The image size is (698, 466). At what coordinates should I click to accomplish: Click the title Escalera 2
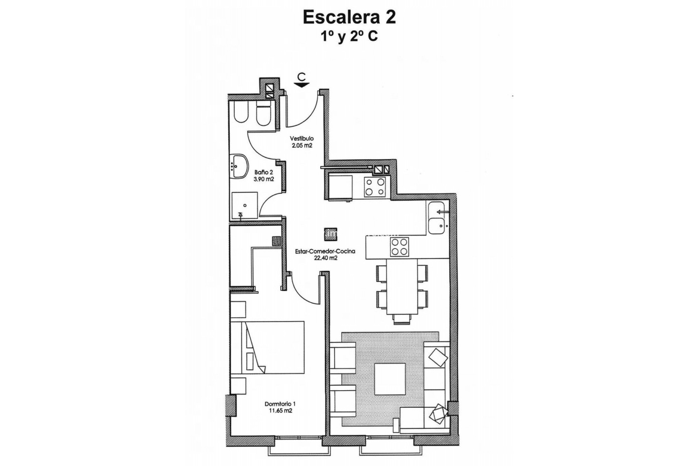pyautogui.click(x=349, y=17)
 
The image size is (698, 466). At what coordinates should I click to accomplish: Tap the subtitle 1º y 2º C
pyautogui.click(x=349, y=36)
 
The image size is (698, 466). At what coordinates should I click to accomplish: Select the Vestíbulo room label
pyautogui.click(x=302, y=138)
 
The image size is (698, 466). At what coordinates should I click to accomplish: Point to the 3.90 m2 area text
pyautogui.click(x=264, y=179)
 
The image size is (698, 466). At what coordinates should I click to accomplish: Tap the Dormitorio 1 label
pyautogui.click(x=280, y=404)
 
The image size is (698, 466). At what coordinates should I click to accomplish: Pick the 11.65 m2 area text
pyautogui.click(x=279, y=411)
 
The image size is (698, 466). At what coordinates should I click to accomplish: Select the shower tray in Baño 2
pyautogui.click(x=245, y=205)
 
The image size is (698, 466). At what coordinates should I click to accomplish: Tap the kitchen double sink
pyautogui.click(x=437, y=218)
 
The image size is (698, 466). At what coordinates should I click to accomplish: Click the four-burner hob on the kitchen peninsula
pyautogui.click(x=399, y=246)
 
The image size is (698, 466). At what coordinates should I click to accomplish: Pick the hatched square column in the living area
pyautogui.click(x=330, y=234)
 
